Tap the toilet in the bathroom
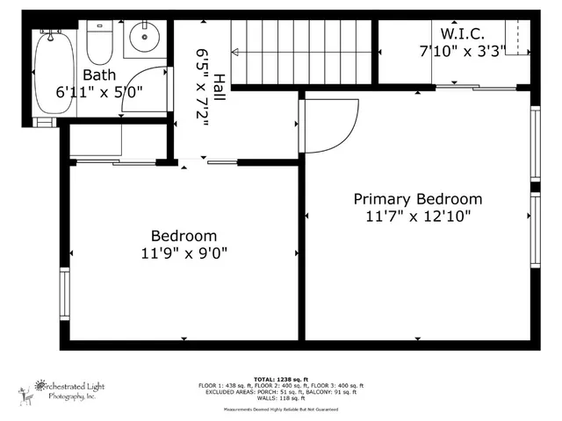pyautogui.click(x=99, y=44)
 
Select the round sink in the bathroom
pyautogui.click(x=142, y=39)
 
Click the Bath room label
pyautogui.click(x=98, y=75)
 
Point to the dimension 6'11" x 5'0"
pyautogui.click(x=98, y=91)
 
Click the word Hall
pyautogui.click(x=217, y=88)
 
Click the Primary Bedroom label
pyautogui.click(x=417, y=199)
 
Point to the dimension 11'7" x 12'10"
pyautogui.click(x=417, y=217)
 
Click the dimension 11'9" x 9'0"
pyautogui.click(x=184, y=253)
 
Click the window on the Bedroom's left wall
pyautogui.click(x=63, y=294)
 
